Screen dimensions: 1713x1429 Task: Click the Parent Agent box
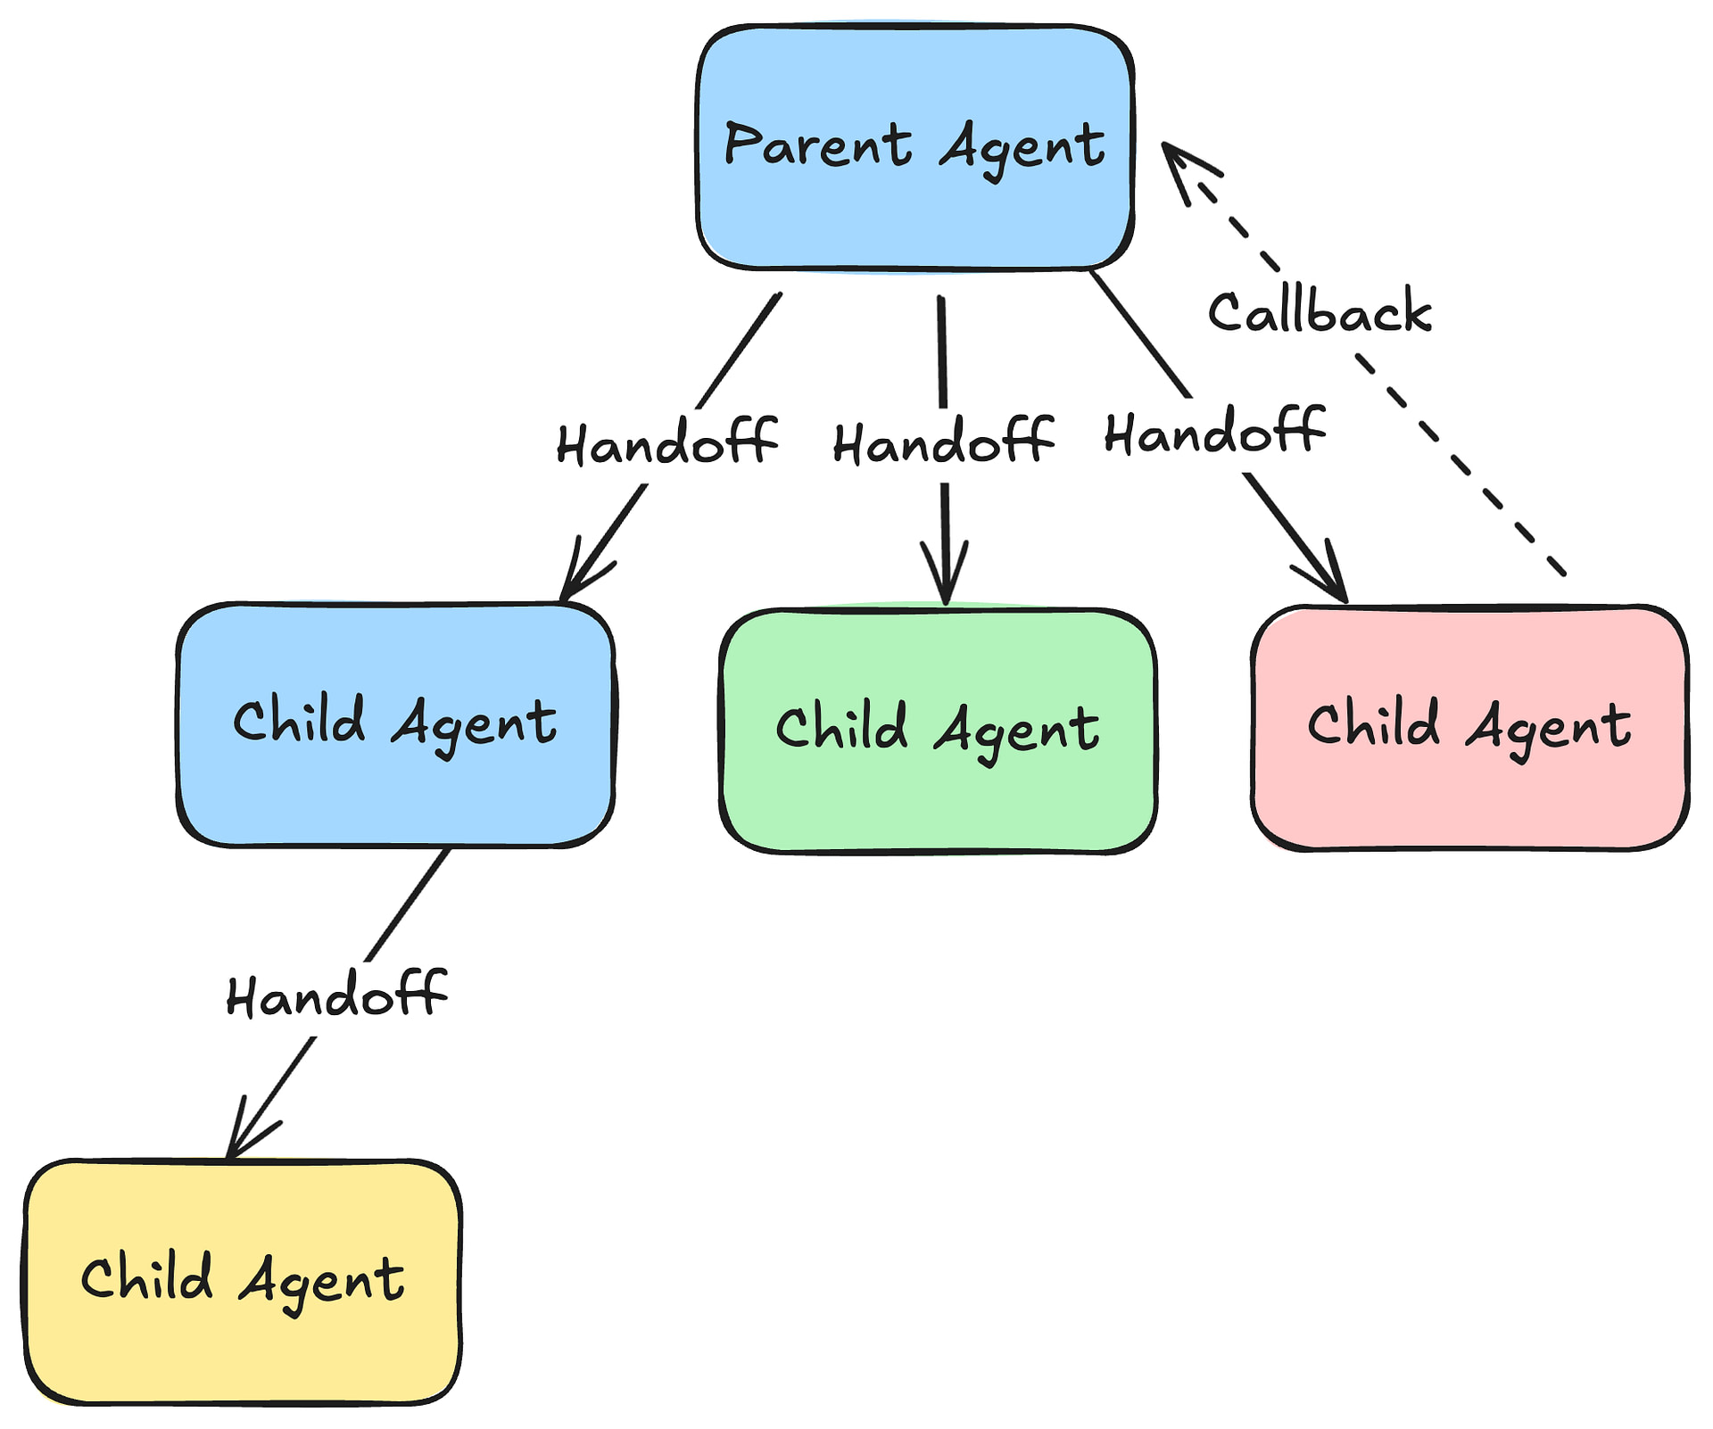pyautogui.click(x=915, y=147)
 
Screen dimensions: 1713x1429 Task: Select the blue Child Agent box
pyautogui.click(x=396, y=724)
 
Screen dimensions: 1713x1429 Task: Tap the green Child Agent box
pyautogui.click(x=939, y=731)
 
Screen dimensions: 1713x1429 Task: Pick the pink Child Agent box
pyautogui.click(x=1470, y=728)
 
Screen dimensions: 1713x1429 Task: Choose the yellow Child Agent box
pyautogui.click(x=243, y=1282)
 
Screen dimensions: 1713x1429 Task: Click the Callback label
pyautogui.click(x=1320, y=312)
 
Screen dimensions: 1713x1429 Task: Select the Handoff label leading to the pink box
pyautogui.click(x=1215, y=432)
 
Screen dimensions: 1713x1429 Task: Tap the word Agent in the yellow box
pyautogui.click(x=322, y=1283)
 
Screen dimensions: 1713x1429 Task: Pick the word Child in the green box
pyautogui.click(x=841, y=726)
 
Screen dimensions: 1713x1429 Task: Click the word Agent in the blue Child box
pyautogui.click(x=475, y=723)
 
